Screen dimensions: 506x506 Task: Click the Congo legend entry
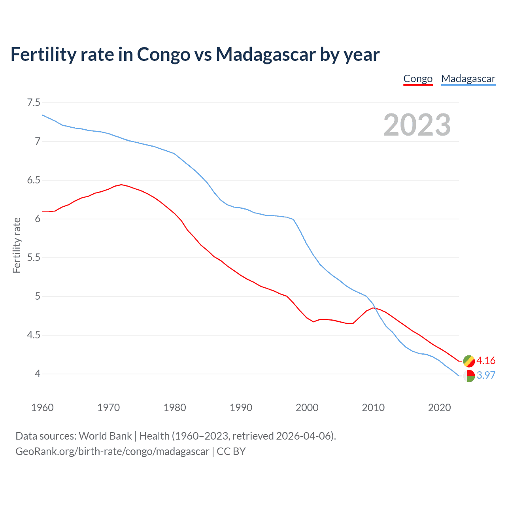coord(418,79)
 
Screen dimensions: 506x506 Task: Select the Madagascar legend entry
coord(468,79)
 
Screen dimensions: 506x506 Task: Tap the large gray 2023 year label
coord(417,125)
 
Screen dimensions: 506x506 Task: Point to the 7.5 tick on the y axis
coord(34,103)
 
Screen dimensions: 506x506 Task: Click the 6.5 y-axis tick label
coord(34,180)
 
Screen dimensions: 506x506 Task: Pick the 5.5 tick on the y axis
coord(34,258)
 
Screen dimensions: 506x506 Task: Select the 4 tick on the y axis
coord(38,374)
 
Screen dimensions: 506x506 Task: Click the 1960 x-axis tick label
coord(42,408)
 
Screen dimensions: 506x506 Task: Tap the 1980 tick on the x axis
coord(175,408)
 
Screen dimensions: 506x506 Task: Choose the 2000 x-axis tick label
coord(307,408)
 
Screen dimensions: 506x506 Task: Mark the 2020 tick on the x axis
coord(440,408)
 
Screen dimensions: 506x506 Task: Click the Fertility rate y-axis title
coord(17,245)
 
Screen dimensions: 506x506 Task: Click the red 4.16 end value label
coord(486,361)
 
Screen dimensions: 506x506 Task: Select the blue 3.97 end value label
coord(486,375)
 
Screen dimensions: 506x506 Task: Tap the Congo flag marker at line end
coord(469,361)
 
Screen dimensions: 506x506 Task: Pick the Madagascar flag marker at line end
coord(469,376)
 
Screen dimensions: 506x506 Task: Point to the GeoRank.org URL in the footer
coord(112,451)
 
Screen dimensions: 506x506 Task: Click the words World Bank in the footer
coord(105,436)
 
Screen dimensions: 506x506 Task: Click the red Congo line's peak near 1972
coord(121,184)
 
